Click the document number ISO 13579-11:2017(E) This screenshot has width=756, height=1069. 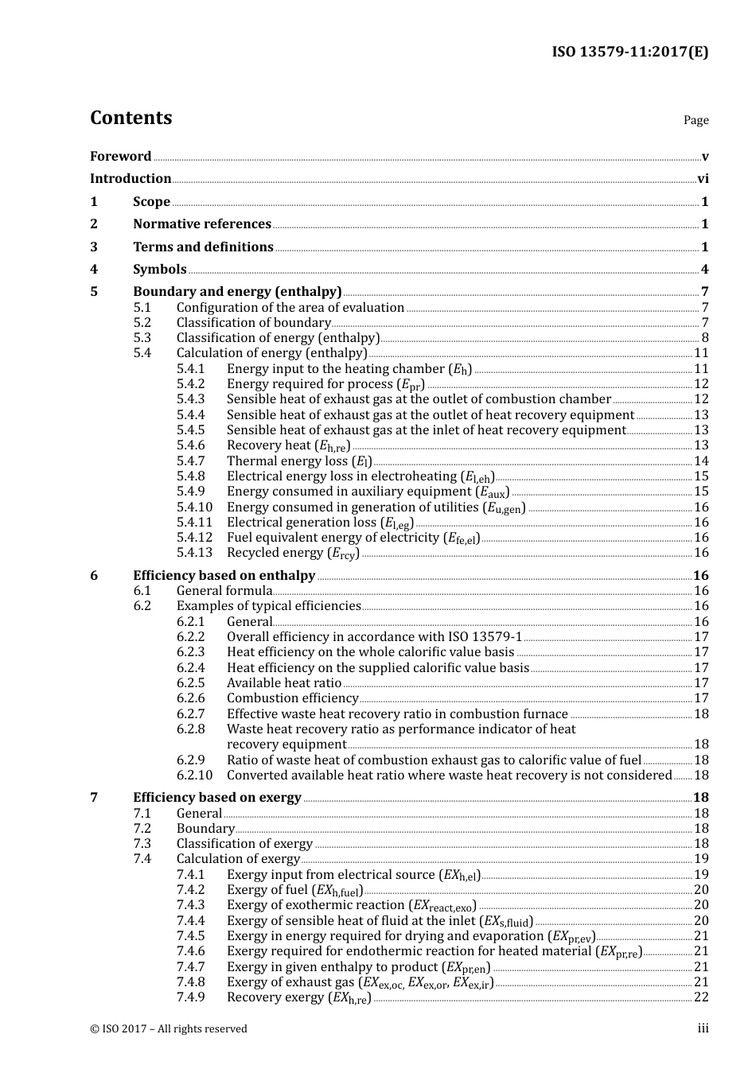tap(629, 52)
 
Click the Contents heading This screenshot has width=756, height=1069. tap(131, 118)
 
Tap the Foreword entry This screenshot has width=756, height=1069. tap(120, 157)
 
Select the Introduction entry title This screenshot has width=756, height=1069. tap(131, 179)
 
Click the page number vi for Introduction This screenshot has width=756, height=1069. tap(703, 179)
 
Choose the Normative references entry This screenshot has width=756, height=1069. tap(201, 224)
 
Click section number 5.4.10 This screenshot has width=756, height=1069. tap(194, 507)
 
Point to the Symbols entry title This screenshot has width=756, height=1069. tap(159, 270)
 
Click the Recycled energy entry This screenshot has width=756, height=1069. tap(293, 554)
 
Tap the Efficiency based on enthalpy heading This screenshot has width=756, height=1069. tap(224, 576)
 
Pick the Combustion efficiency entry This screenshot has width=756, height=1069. tap(282, 698)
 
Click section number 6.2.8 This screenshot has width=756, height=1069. tap(190, 729)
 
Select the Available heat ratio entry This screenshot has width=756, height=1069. tap(284, 683)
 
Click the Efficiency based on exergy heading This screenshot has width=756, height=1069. tap(216, 798)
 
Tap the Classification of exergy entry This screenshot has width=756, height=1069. tap(244, 844)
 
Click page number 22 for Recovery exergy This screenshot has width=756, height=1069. tap(701, 997)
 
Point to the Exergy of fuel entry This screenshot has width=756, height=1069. tap(294, 890)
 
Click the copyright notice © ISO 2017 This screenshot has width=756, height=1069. tap(169, 1029)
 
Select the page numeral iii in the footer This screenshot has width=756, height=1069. tap(703, 1029)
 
